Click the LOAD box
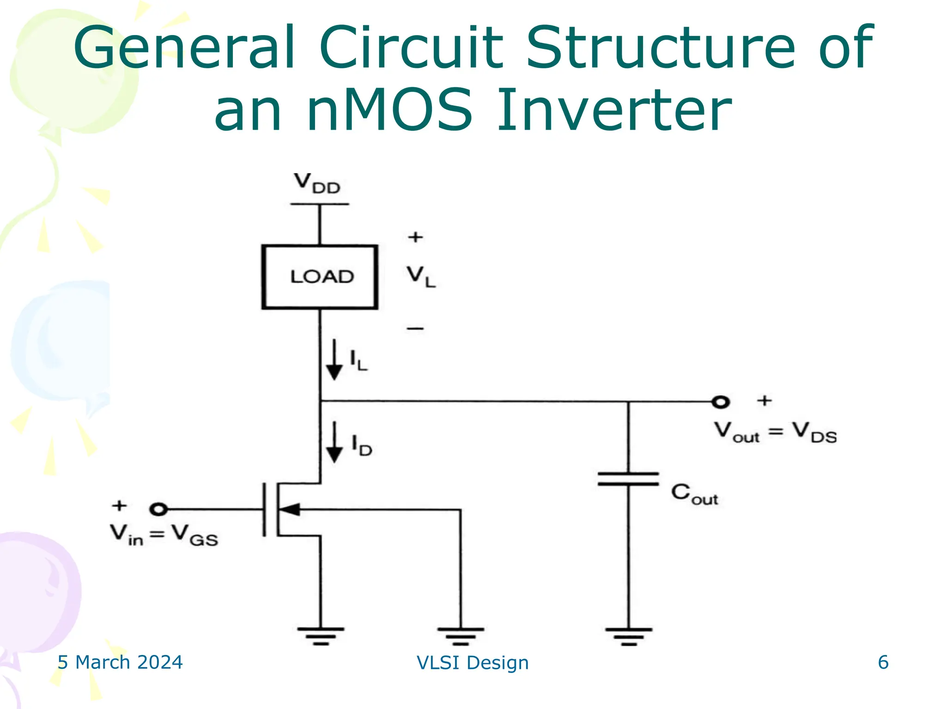[x=320, y=277]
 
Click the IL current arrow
[x=334, y=360]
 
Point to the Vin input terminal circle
[x=158, y=509]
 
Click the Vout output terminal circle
[x=720, y=402]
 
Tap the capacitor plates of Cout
[x=628, y=479]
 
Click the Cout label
[x=694, y=494]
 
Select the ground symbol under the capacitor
[x=629, y=635]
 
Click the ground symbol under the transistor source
[x=321, y=635]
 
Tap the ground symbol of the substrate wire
[x=461, y=635]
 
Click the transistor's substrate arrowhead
[x=290, y=510]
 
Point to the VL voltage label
[x=420, y=276]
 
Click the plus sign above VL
[x=415, y=237]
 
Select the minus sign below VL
[x=415, y=329]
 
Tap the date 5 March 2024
[x=120, y=662]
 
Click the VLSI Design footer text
[x=473, y=663]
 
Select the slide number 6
[x=883, y=662]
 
